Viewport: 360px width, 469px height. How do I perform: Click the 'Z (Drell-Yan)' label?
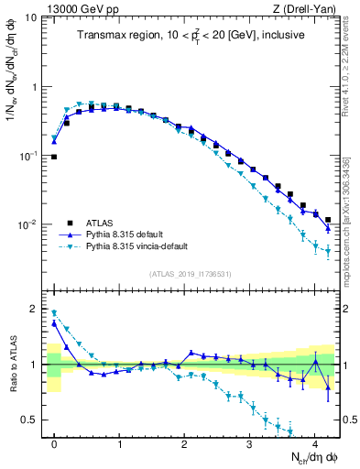tap(308, 8)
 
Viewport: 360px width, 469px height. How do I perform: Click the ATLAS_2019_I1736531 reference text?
tap(191, 274)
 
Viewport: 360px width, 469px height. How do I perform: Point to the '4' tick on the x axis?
tap(314, 442)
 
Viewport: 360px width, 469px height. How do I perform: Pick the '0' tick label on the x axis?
tap(54, 442)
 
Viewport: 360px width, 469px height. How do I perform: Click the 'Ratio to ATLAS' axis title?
tap(11, 363)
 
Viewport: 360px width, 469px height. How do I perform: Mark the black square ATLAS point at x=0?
tap(54, 157)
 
